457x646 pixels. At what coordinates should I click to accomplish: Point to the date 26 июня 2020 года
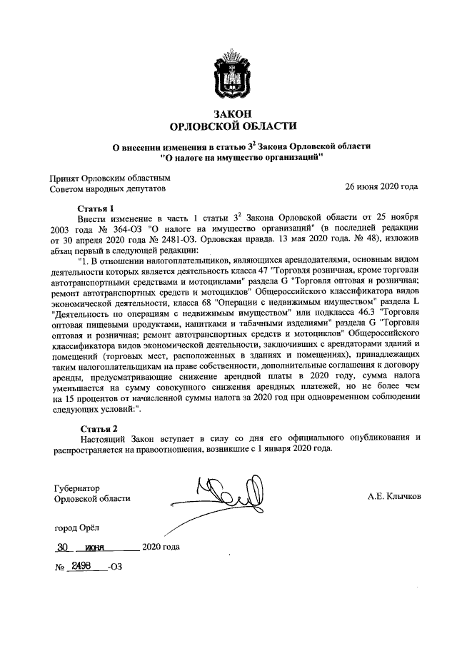[381, 188]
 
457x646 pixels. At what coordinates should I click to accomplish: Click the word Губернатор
[78, 488]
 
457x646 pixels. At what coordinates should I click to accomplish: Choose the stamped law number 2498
[84, 565]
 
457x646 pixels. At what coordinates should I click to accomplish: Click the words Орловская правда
[273, 239]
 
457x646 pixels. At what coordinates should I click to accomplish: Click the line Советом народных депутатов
[106, 189]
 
